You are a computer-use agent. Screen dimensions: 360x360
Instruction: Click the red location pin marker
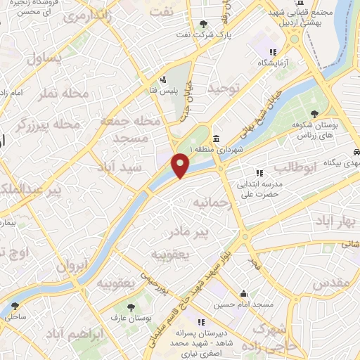(x=181, y=165)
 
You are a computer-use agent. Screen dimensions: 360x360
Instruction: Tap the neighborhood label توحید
(x=224, y=89)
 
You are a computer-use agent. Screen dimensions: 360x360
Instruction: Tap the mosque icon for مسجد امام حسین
(x=244, y=294)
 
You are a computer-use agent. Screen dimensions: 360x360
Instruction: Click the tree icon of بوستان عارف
(x=131, y=307)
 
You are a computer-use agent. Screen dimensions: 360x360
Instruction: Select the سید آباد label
(x=141, y=168)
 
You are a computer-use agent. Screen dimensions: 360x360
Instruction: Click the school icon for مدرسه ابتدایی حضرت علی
(x=259, y=172)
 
